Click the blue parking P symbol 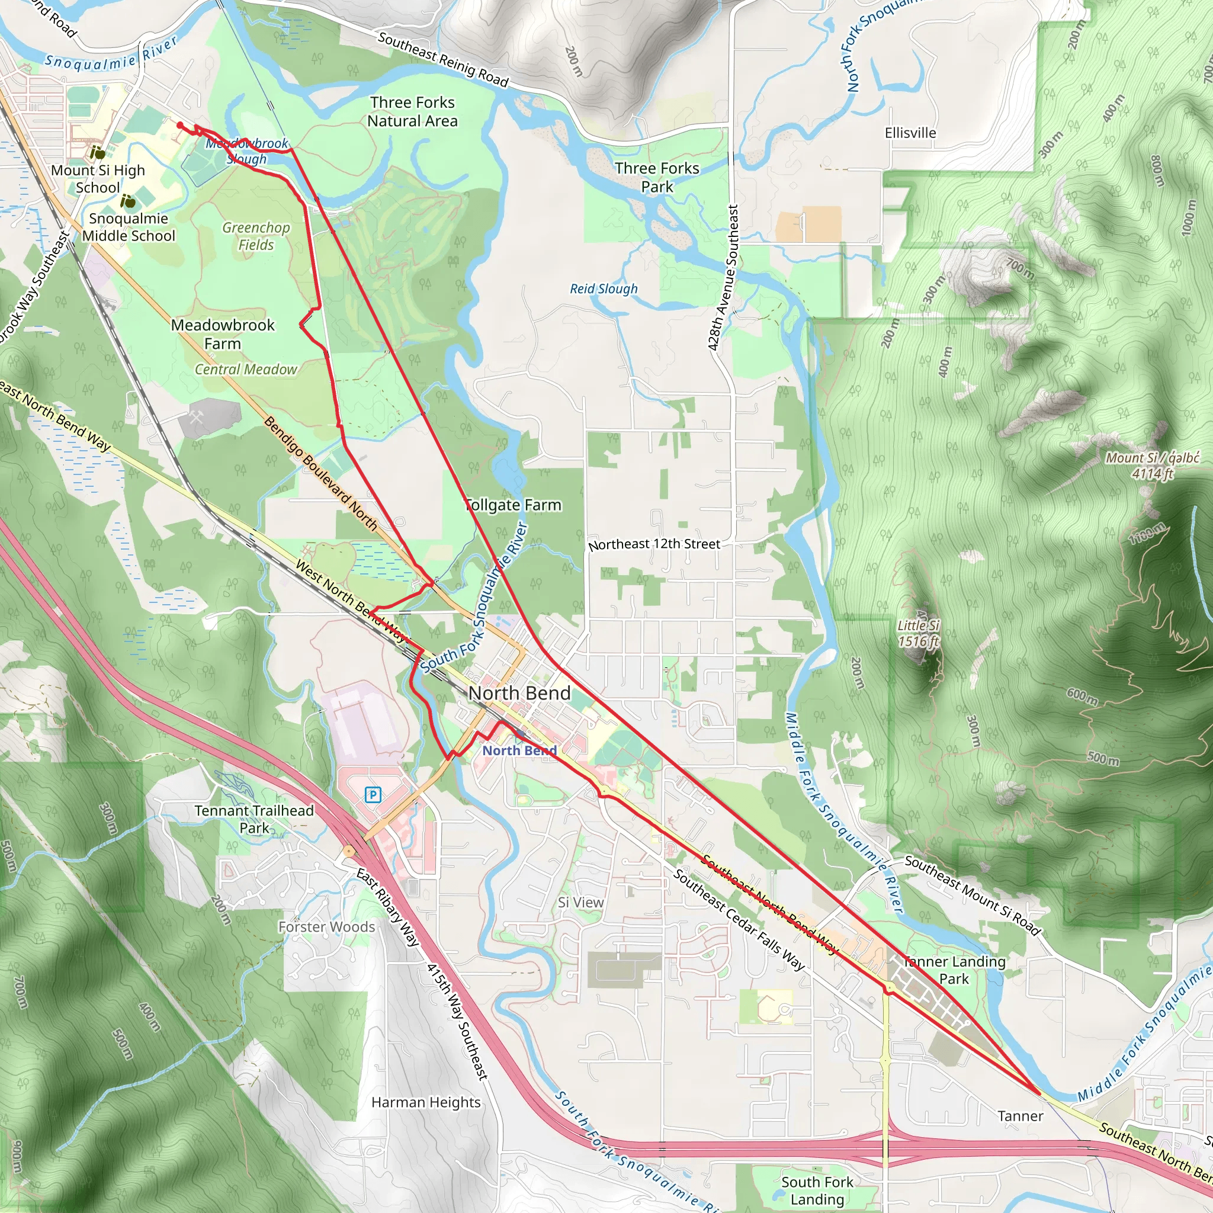373,795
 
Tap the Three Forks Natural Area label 412,112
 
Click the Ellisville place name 910,133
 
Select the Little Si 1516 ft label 918,633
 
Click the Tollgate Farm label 513,505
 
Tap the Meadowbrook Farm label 223,334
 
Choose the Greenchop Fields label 256,236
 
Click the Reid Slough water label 604,289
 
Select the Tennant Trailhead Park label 253,819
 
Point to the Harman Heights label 426,1102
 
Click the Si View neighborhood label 581,902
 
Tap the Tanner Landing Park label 954,970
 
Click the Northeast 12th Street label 654,544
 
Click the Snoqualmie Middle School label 129,227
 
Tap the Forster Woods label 326,927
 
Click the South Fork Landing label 817,1190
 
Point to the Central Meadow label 245,370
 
